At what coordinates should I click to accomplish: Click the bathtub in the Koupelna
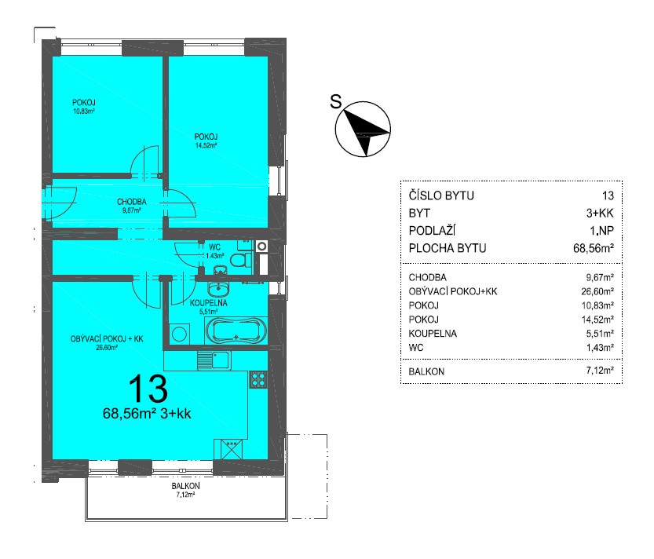click(236, 331)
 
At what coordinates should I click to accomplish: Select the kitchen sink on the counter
click(214, 360)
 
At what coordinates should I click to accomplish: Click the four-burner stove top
click(258, 379)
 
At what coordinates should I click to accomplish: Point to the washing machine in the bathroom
click(179, 334)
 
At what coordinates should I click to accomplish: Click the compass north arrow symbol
click(363, 129)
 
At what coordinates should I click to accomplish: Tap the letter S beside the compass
click(336, 102)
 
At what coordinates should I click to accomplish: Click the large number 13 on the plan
click(148, 389)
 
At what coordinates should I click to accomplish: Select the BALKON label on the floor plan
click(185, 486)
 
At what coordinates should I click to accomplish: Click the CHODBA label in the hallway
click(132, 202)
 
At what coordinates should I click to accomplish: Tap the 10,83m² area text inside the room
click(84, 111)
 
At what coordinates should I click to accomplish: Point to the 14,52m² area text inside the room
click(206, 145)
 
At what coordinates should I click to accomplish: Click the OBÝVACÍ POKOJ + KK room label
click(107, 338)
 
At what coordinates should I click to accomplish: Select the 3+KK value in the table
click(600, 214)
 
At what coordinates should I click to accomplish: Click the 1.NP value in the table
click(601, 231)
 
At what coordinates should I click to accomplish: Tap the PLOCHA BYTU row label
click(448, 248)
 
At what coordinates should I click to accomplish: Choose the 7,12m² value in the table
click(600, 371)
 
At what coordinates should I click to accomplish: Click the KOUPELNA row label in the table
click(433, 334)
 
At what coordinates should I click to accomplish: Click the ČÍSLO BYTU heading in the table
click(441, 195)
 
